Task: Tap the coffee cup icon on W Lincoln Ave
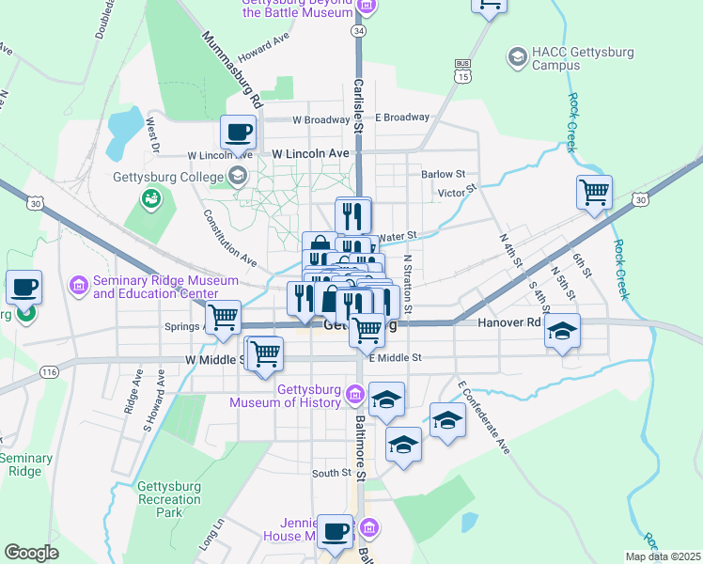238,133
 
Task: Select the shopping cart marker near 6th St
594,193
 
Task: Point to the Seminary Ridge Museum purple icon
79,283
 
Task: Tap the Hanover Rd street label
508,321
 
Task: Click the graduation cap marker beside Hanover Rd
563,332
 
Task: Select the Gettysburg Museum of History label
286,397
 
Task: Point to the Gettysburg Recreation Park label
169,500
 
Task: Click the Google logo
31,553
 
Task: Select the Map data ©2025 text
662,556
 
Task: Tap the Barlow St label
444,174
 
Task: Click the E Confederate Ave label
484,417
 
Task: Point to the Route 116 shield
49,373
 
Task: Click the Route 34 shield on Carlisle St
358,31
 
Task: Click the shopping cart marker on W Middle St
266,353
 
